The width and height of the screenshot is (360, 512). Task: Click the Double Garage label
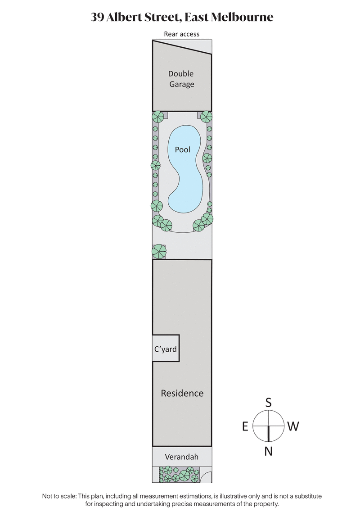[181, 79]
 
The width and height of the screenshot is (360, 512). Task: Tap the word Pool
[183, 150]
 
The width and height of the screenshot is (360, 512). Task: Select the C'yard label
[166, 349]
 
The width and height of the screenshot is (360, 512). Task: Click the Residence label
[182, 393]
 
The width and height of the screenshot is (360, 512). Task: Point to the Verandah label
[181, 457]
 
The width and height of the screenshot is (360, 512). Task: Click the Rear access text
[181, 34]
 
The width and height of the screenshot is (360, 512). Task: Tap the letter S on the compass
[268, 403]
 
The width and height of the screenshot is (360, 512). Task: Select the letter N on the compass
[268, 451]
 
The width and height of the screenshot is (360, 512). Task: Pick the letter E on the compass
[245, 426]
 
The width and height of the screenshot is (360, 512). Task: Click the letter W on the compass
[293, 426]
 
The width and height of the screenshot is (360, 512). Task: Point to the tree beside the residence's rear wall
[159, 251]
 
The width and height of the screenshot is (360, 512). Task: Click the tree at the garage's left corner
[158, 117]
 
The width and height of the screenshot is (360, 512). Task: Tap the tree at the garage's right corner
[206, 117]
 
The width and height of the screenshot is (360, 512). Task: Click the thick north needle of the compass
[269, 434]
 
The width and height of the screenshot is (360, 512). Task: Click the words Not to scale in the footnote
[59, 496]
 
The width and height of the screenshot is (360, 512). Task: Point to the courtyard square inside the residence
[166, 348]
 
